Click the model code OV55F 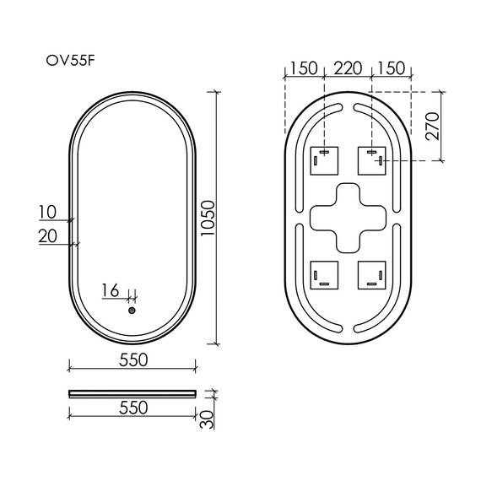pos(71,61)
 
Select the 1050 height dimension pos(208,218)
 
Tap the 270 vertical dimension pos(433,126)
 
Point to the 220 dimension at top pos(348,68)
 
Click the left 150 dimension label pos(304,68)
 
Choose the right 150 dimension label pos(391,68)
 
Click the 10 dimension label pos(47,212)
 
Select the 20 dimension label pos(47,236)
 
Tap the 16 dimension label pos(111,290)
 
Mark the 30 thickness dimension pos(207,419)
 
